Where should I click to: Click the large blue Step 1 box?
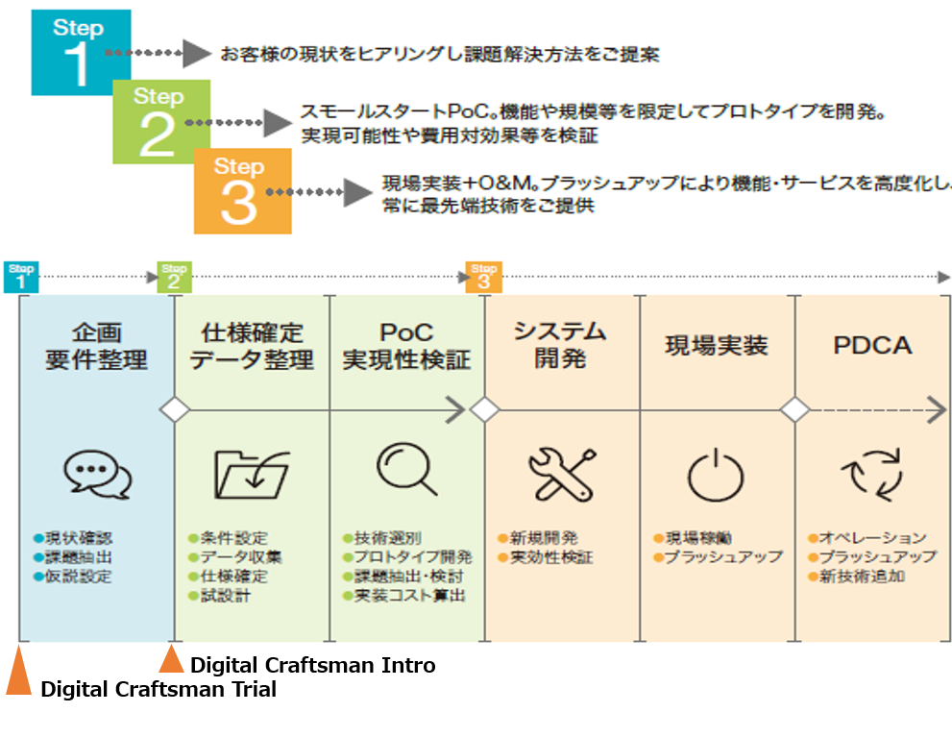pos(67,53)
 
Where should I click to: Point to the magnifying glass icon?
pos(406,470)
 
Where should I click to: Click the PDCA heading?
pos(871,346)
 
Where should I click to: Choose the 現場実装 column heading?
pos(717,346)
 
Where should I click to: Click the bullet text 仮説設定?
pos(78,577)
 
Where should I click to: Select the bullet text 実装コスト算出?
pos(409,596)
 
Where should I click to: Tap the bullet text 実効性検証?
pos(549,557)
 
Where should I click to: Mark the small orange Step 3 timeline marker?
pos(483,277)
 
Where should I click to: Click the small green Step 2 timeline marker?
pos(175,277)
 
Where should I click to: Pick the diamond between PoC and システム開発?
pos(484,410)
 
